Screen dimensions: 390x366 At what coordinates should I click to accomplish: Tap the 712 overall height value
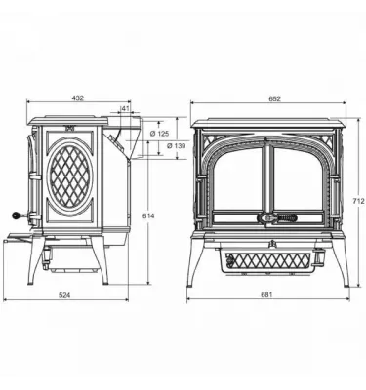[x=358, y=202]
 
